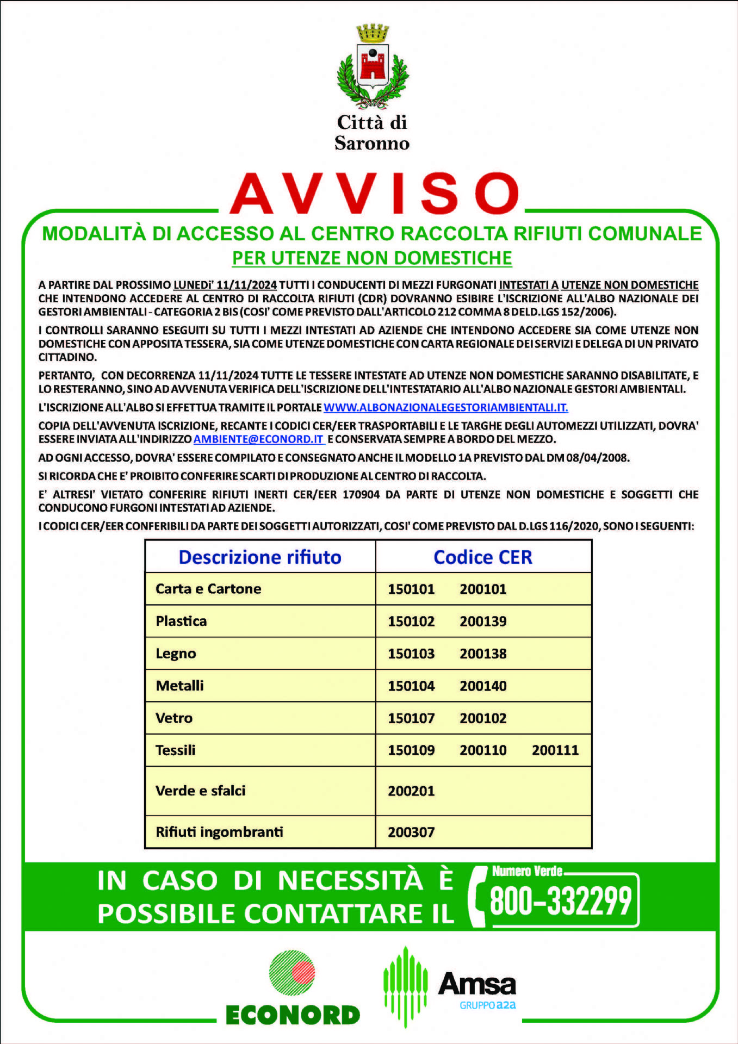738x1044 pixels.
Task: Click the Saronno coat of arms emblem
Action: (x=373, y=66)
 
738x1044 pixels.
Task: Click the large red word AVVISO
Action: (x=374, y=194)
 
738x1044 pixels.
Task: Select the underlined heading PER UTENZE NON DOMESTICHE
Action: (x=372, y=258)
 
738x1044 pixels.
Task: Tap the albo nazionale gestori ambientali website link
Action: (x=445, y=407)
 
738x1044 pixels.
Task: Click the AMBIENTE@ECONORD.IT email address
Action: (x=259, y=439)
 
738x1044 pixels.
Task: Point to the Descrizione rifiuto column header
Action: (x=260, y=557)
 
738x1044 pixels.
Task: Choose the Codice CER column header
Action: (x=482, y=557)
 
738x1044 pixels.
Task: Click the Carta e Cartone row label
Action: (x=208, y=589)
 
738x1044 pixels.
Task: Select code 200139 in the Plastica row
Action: (x=483, y=622)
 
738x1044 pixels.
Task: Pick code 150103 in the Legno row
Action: (x=411, y=654)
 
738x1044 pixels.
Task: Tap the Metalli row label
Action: (x=179, y=686)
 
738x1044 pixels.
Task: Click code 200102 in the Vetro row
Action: (x=483, y=718)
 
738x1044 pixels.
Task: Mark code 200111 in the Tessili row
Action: (x=555, y=750)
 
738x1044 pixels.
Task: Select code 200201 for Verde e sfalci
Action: (x=411, y=791)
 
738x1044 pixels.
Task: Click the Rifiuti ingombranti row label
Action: (x=219, y=832)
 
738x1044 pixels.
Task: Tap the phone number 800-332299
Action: (x=561, y=901)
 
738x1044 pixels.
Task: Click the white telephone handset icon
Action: (x=477, y=897)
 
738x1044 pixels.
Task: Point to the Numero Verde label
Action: (x=527, y=871)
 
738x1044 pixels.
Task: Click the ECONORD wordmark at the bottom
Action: (x=293, y=1015)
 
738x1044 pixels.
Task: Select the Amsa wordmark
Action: (x=477, y=984)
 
